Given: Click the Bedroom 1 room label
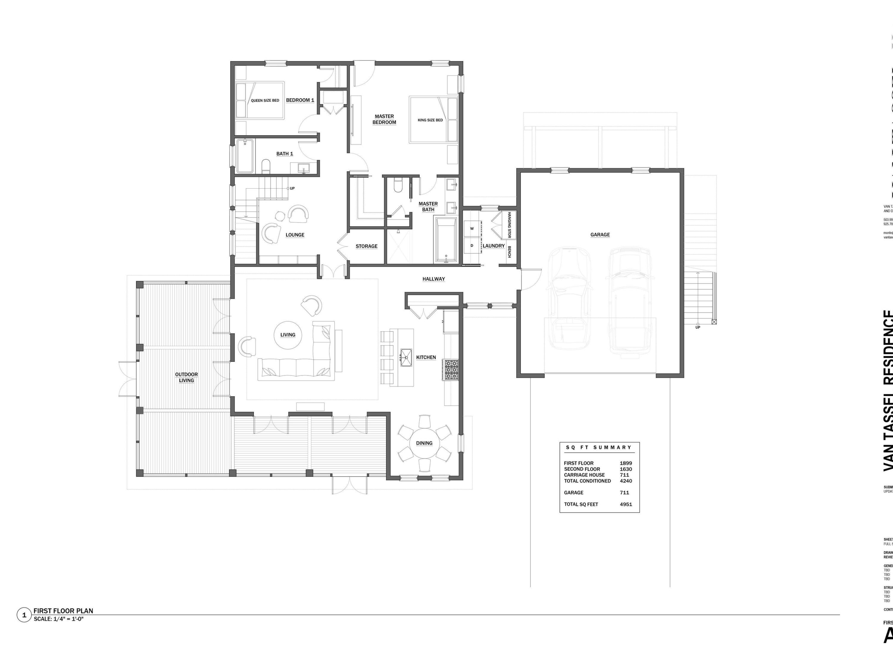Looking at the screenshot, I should coord(300,100).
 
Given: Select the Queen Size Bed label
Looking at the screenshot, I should coord(265,101).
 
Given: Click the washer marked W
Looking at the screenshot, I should coord(472,229).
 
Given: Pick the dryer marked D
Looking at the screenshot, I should coord(472,246).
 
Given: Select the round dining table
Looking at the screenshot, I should coord(424,443).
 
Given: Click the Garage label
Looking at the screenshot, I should coord(600,235).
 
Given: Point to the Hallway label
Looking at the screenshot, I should coord(434,279).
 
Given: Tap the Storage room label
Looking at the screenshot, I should coord(366,246).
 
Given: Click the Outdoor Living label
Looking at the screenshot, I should coord(187,377).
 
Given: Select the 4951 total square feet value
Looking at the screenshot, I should coord(626,504).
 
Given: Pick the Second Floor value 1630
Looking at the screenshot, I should coord(626,469).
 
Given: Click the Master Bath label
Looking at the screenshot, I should coord(428,207).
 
